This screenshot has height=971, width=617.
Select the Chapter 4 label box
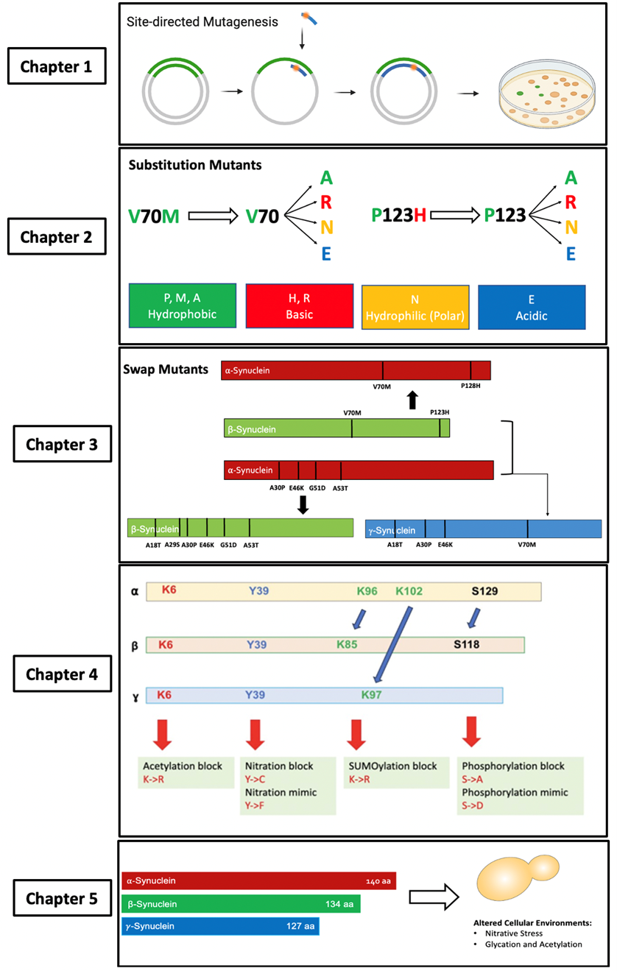coord(63,674)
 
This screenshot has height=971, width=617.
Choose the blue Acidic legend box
coord(532,306)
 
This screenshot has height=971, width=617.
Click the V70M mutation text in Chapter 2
coord(154,216)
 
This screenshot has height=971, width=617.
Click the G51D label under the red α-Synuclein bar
coord(317,487)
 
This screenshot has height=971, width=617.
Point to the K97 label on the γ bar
coord(371,695)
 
